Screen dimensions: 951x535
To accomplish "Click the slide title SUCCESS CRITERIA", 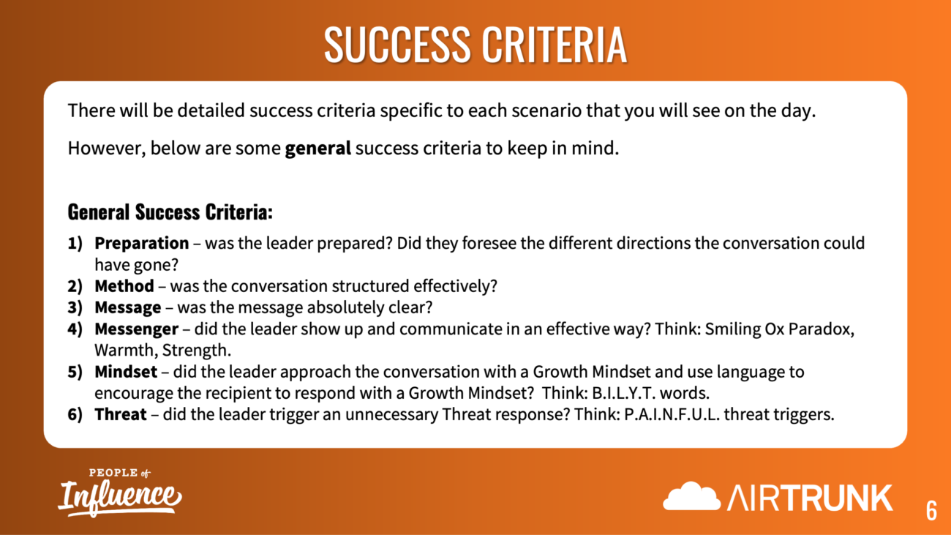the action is tap(475, 45).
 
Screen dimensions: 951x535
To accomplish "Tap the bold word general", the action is tap(318, 148).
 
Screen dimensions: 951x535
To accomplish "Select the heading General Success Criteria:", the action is tap(170, 212).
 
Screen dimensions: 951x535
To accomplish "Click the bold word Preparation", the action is tap(142, 243).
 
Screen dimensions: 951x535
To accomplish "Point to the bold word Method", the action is tap(124, 285).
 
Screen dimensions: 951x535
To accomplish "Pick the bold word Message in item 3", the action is tap(128, 307).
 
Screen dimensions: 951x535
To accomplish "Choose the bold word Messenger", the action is tap(137, 329).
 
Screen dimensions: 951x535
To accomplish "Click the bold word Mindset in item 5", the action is tap(126, 372).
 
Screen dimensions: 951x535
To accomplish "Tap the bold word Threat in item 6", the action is tap(121, 414).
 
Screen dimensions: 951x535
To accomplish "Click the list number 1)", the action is tap(75, 243).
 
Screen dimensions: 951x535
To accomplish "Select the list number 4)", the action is tap(75, 329).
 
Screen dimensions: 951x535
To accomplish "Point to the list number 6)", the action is tap(75, 414).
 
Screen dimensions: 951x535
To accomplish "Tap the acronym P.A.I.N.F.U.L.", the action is tap(672, 414).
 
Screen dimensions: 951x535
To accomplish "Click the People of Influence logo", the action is tap(120, 493).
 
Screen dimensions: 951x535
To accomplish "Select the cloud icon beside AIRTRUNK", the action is tap(691, 496).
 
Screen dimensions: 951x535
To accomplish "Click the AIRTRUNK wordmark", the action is tap(810, 498).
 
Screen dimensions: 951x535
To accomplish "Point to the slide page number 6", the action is tap(931, 510).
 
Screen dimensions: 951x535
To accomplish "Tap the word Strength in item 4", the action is tap(197, 351).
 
